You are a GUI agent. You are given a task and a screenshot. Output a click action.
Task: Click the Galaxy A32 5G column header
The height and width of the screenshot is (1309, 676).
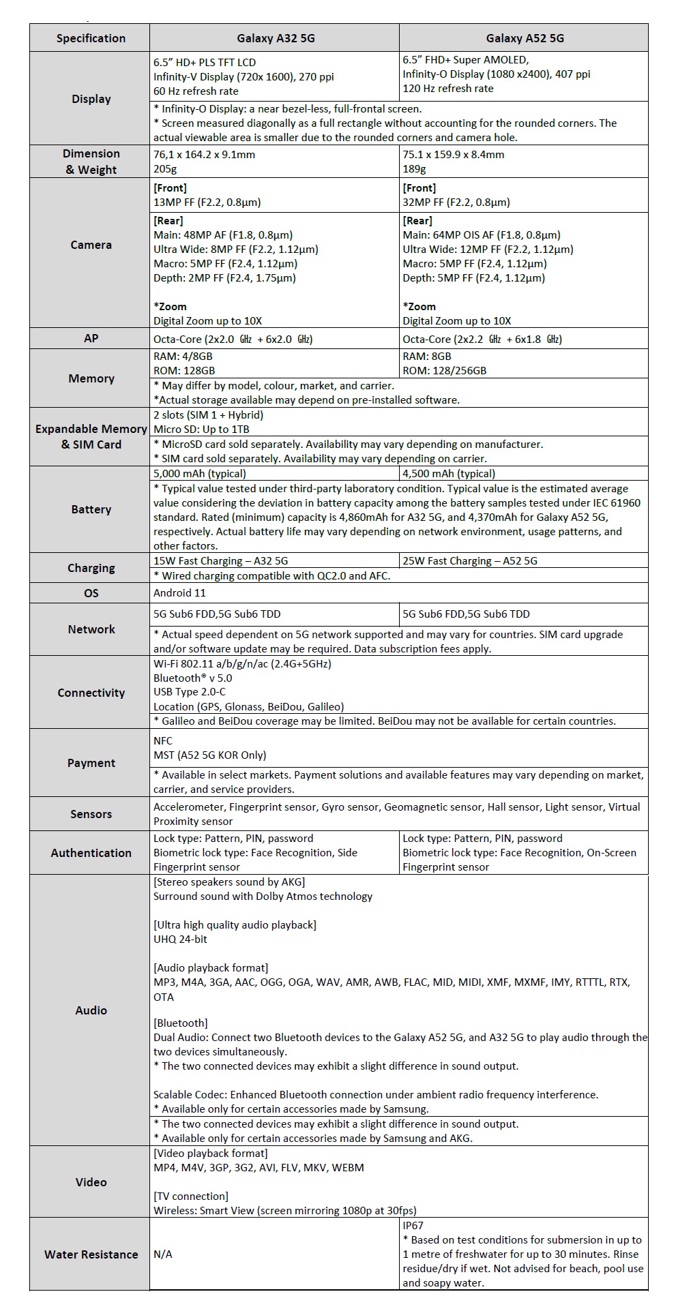pos(276,38)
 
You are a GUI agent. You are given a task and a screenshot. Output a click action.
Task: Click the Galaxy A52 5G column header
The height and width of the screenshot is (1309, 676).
pos(525,38)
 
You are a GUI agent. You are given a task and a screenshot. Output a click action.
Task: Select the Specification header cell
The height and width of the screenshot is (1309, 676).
pos(91,38)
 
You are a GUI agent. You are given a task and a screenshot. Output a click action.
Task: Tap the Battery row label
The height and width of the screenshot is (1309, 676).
pos(91,509)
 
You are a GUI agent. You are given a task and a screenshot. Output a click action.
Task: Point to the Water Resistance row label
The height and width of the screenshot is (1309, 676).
pos(91,1254)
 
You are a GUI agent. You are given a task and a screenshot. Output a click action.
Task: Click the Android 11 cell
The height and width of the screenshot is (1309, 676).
pos(179,593)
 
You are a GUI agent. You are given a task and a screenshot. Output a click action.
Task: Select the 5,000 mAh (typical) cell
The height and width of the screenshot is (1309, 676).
pos(200,473)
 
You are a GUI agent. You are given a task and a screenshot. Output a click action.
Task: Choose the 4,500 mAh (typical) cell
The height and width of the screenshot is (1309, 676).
pos(449,473)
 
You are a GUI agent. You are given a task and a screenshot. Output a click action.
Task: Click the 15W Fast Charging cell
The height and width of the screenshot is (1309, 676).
pos(220,561)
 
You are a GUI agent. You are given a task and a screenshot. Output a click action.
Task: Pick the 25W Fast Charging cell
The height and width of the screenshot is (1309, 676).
pos(470,561)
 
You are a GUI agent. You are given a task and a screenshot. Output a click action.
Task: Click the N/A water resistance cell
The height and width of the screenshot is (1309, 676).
pos(162,1254)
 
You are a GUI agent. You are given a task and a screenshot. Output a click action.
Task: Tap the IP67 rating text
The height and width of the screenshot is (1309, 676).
pos(413,1225)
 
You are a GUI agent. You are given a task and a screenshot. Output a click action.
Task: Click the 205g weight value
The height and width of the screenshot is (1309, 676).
pos(164,169)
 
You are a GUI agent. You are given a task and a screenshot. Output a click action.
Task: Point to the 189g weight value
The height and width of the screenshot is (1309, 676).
pos(414,169)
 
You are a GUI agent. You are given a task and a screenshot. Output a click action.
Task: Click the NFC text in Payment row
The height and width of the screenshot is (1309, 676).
pos(163,740)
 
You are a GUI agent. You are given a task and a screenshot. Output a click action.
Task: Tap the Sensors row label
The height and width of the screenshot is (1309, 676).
pos(91,814)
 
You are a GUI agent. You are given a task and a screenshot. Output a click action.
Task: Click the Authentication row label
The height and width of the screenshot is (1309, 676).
pos(91,853)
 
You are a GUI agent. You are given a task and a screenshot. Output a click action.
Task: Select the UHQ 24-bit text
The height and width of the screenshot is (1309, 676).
pos(180,939)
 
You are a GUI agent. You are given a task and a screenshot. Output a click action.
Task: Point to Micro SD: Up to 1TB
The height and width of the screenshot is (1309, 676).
pos(201,430)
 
